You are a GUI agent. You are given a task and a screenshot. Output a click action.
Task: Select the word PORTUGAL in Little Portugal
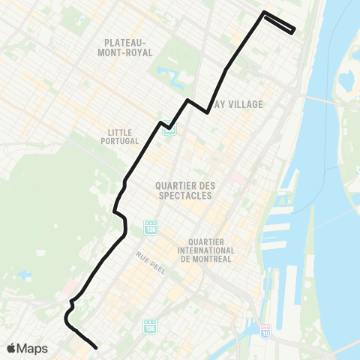tap(120, 142)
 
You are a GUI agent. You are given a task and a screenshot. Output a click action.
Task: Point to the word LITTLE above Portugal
tap(120, 133)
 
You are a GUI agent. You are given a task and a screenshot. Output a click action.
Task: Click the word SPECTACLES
tap(183, 195)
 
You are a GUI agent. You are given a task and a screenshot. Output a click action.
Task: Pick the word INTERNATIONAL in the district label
tap(206, 250)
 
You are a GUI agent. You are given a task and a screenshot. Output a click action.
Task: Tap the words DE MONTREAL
tap(206, 259)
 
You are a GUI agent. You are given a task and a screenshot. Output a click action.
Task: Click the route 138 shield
tap(150, 225)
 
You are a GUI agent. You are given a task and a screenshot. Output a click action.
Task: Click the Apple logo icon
tap(12, 348)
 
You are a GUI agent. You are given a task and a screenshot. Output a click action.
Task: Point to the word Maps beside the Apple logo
tap(34, 348)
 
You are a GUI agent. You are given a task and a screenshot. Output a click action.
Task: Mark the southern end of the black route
tap(97, 347)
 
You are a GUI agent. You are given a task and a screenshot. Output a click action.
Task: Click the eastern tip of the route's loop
tap(294, 30)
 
